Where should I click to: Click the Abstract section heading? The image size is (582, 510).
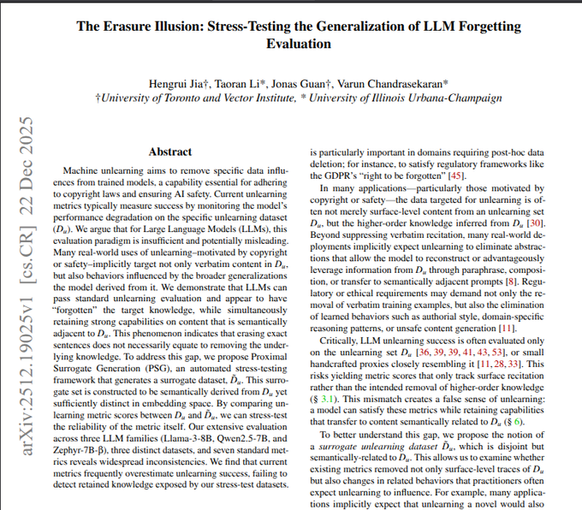[170, 151]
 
